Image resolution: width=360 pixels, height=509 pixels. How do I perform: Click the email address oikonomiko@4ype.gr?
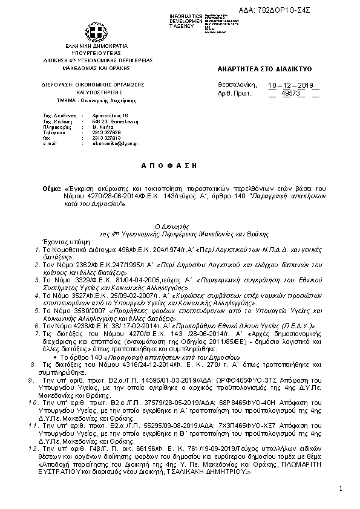tap(115, 144)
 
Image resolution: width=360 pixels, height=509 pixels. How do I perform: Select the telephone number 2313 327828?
tap(106, 133)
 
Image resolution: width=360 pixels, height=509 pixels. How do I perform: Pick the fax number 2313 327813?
tap(106, 138)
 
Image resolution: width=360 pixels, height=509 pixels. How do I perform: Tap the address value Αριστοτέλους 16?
tap(111, 115)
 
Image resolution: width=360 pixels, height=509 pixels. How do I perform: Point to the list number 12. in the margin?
tap(33, 450)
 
